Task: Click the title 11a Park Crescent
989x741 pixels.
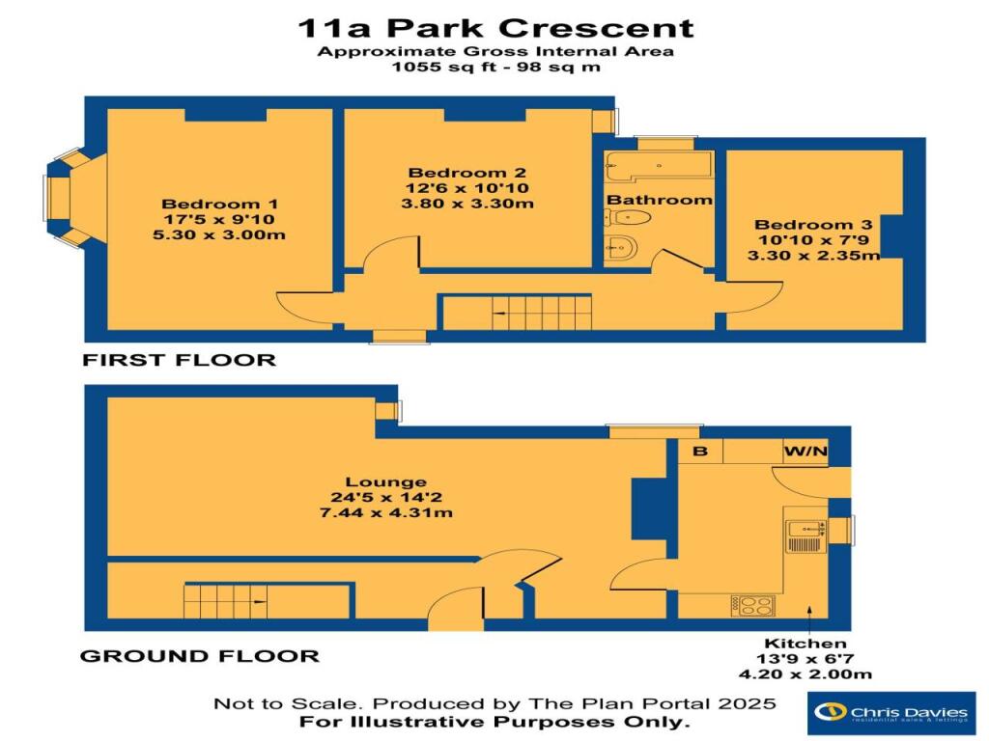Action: click(x=494, y=27)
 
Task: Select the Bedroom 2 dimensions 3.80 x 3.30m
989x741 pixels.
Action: click(x=468, y=204)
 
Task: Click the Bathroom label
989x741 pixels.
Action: click(x=659, y=200)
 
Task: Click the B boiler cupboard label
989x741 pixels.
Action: click(x=700, y=453)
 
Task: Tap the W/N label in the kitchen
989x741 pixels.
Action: click(x=805, y=453)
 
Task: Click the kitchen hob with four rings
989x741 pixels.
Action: click(x=753, y=605)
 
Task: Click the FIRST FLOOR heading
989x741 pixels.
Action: click(x=180, y=360)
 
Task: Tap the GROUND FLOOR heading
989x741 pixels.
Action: click(x=199, y=656)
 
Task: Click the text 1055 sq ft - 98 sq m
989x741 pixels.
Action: click(x=494, y=68)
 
